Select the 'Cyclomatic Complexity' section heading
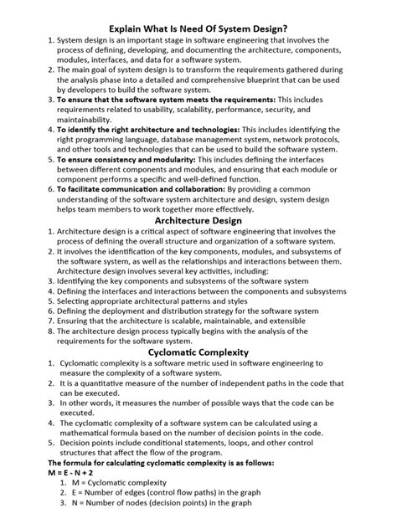click(x=198, y=353)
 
